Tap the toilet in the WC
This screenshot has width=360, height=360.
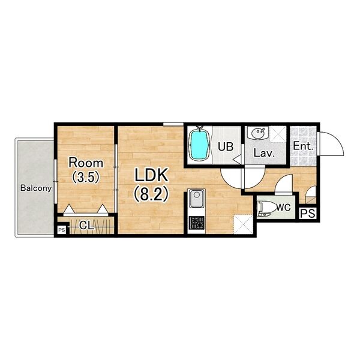[x=267, y=209]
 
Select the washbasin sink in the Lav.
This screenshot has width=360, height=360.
[x=257, y=133]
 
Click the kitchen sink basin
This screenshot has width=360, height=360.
[x=197, y=198]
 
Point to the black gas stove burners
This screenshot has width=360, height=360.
[x=197, y=223]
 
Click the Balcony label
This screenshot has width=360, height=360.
[x=36, y=188]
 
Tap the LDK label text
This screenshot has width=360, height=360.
[x=151, y=175]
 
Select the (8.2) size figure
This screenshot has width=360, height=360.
[x=151, y=194]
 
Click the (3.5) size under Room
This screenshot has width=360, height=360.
[x=86, y=177]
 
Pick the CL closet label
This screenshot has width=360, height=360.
[x=86, y=226]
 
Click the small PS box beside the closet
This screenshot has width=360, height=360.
[x=62, y=230]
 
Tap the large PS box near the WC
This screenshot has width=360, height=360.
[x=308, y=214]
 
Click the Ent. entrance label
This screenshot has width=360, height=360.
[x=303, y=146]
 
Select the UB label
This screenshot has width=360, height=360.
[x=226, y=147]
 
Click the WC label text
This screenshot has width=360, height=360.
[x=283, y=208]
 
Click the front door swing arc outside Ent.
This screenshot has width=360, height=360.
[x=337, y=139]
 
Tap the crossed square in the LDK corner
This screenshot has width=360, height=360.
[x=243, y=224]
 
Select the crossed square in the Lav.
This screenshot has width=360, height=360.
[x=278, y=134]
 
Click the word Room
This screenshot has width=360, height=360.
[x=86, y=163]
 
